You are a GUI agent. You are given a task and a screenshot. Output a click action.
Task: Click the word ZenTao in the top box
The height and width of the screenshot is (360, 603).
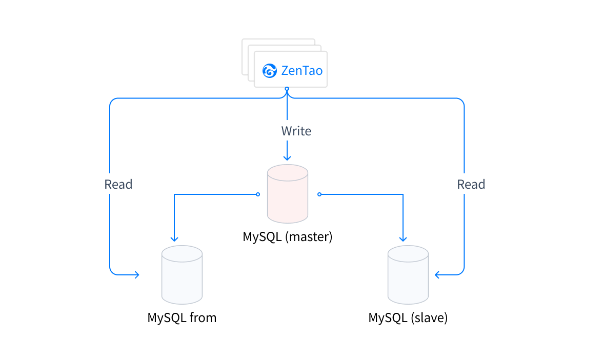(302, 71)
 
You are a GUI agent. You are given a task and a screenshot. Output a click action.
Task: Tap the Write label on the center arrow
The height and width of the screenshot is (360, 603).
(296, 131)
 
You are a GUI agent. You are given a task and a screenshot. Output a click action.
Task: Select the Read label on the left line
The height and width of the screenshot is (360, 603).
(118, 185)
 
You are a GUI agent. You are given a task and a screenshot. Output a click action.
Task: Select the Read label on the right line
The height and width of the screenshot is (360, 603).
(471, 185)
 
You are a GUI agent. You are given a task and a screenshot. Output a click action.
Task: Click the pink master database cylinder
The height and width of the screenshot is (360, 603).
(287, 194)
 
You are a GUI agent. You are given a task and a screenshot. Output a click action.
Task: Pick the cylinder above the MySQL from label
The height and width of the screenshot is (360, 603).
(182, 275)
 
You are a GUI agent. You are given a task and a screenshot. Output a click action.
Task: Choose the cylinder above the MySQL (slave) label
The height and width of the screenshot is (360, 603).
(408, 275)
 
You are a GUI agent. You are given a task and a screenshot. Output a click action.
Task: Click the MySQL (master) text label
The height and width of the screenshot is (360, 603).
(288, 237)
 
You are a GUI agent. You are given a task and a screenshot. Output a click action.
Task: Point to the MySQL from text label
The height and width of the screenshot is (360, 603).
(182, 318)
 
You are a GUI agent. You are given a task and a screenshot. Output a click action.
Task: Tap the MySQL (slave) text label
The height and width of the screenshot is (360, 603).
(408, 318)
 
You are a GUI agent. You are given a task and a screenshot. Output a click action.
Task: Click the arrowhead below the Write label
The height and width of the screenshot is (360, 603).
(287, 157)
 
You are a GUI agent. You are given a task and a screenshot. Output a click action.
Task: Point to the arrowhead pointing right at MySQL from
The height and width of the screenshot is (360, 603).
(136, 275)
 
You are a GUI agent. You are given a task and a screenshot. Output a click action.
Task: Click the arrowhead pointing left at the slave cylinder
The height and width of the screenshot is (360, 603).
(437, 275)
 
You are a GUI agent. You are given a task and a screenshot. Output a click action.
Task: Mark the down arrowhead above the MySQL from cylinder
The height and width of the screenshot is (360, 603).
(174, 238)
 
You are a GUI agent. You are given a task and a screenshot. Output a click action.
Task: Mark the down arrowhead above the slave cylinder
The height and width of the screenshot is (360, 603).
(403, 238)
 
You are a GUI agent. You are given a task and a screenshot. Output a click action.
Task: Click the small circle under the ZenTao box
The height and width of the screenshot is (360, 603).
(287, 89)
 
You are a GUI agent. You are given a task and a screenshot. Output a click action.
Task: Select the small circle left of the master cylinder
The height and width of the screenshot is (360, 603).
(258, 194)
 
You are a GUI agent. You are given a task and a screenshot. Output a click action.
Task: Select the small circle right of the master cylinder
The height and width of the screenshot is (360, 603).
(319, 194)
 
